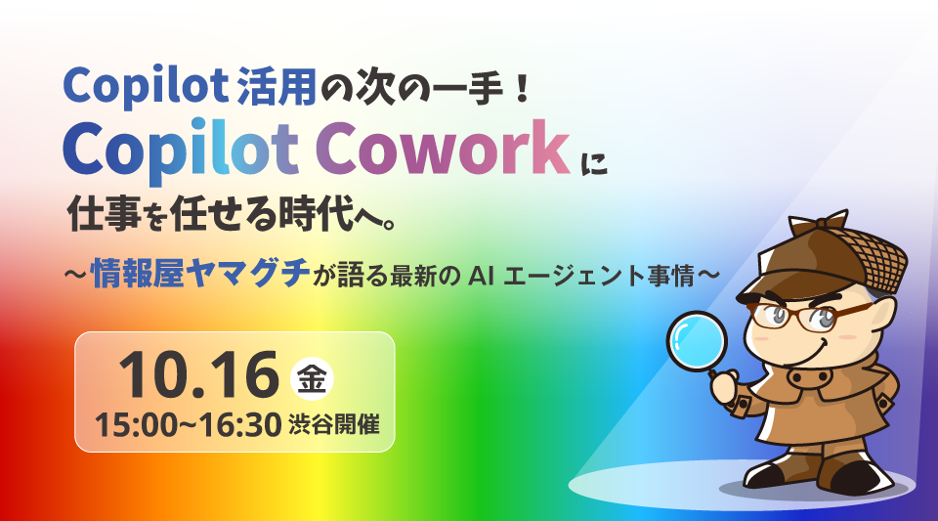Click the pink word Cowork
(442, 148)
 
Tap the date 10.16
(199, 375)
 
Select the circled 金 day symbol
(312, 378)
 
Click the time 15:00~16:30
(188, 425)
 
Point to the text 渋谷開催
(334, 424)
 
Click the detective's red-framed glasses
(808, 315)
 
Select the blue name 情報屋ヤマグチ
(201, 274)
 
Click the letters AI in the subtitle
(481, 276)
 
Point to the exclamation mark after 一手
(522, 87)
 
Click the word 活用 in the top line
(277, 87)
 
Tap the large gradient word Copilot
(182, 151)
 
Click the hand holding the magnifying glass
(726, 389)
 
